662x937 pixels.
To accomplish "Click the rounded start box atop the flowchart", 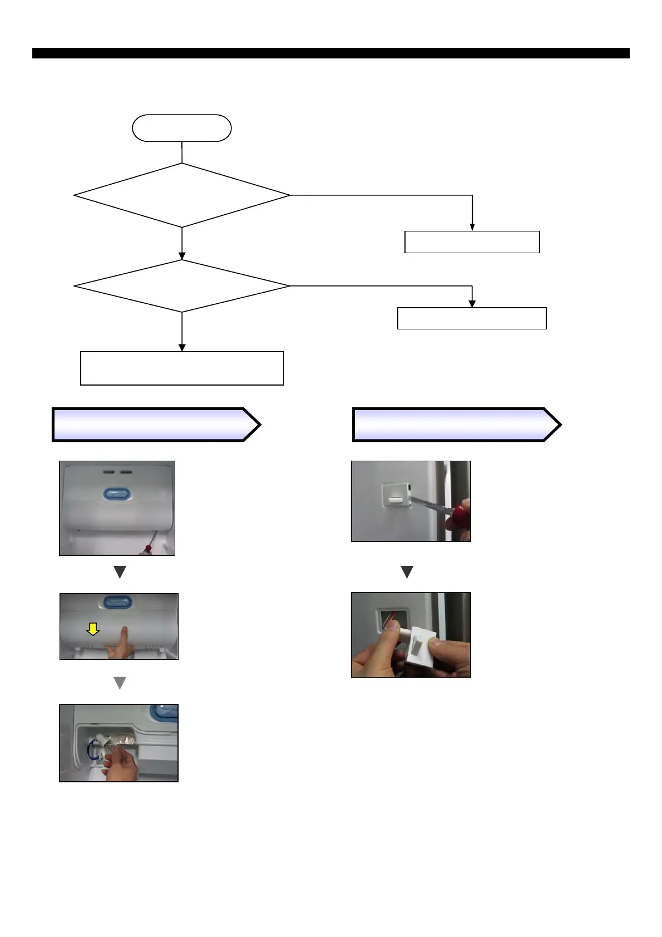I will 181,128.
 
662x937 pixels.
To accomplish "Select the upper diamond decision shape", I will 181,195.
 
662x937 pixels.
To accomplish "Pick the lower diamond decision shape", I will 181,286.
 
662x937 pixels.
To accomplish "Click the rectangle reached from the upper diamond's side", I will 472,242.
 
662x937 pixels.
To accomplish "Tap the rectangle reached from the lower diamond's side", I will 472,318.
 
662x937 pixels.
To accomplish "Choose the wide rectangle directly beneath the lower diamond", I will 181,368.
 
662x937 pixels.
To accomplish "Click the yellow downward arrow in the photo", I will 93,629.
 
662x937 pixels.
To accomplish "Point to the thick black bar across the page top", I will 330,53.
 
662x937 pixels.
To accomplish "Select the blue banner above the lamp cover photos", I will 156,425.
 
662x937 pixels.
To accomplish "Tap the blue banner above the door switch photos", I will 456,425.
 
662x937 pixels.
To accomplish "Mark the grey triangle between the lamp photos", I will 120,683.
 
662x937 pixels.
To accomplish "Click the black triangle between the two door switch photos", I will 407,571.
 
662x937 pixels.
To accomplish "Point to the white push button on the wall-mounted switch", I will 394,500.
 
